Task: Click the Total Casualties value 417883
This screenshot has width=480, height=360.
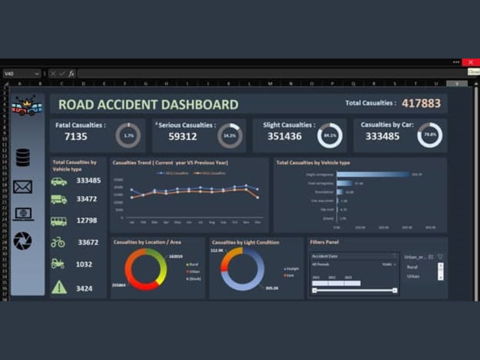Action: [x=421, y=103]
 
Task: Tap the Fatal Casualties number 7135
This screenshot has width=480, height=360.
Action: [x=76, y=136]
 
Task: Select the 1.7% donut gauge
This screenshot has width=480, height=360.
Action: [x=128, y=136]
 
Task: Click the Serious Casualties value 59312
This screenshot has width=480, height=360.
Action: [x=182, y=136]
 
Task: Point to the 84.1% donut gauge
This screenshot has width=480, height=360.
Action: [x=330, y=136]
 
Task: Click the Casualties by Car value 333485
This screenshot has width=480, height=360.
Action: [x=382, y=136]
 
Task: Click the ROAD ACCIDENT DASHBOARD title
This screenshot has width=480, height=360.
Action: [x=148, y=104]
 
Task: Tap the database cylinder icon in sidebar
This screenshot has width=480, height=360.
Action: [x=23, y=157]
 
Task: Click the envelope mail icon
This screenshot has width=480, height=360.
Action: [x=23, y=187]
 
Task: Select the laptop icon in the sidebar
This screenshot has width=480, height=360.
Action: [x=23, y=214]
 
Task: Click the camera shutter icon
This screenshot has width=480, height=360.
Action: [x=23, y=241]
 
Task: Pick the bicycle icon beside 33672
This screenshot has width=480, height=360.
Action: [x=58, y=242]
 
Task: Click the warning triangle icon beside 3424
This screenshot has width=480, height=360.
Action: [x=59, y=287]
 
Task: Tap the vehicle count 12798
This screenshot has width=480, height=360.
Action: [x=86, y=221]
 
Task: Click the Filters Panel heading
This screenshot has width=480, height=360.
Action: [x=324, y=242]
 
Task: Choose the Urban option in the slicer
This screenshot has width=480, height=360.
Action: [x=413, y=276]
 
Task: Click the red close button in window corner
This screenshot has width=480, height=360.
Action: [x=470, y=62]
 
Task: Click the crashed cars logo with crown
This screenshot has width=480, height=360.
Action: [x=26, y=106]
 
